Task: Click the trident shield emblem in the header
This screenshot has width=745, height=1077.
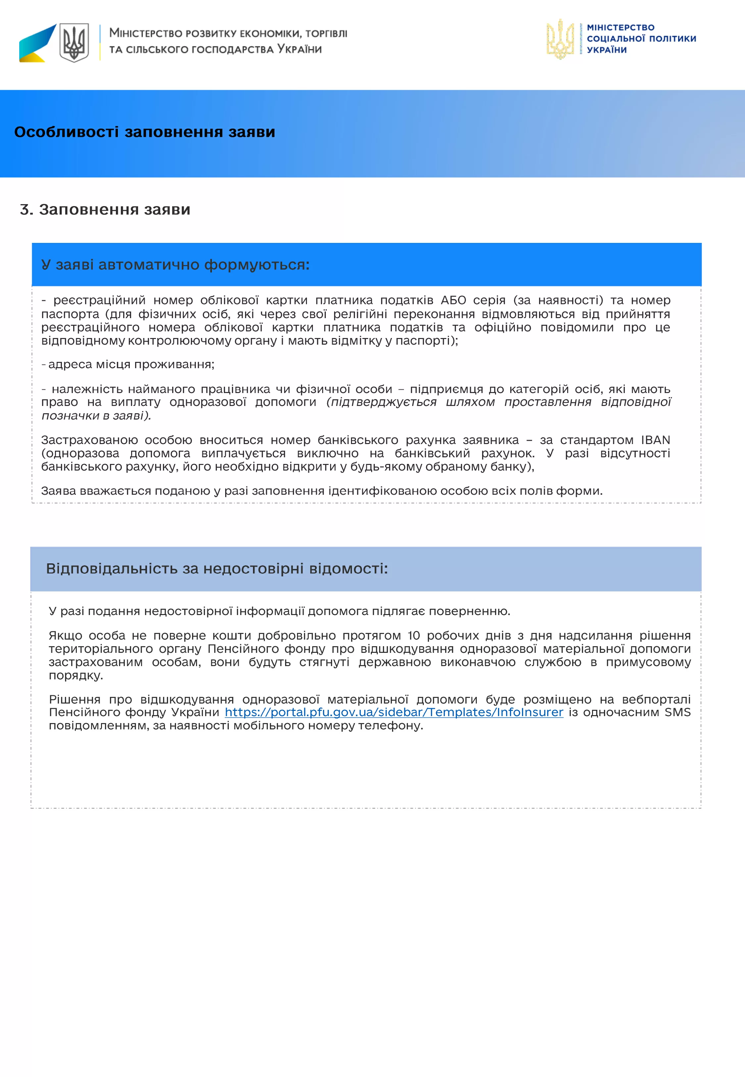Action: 74,43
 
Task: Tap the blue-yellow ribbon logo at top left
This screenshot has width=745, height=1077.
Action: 37,43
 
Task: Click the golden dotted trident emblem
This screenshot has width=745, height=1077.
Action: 560,39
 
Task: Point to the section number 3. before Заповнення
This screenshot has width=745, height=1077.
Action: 26,210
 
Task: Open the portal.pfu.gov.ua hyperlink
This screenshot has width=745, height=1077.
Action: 394,712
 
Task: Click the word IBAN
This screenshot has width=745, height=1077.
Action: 655,440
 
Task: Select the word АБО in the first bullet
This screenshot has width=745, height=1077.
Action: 453,300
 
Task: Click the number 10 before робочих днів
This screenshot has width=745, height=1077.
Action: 414,636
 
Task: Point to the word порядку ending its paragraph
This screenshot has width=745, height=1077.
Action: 75,675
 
